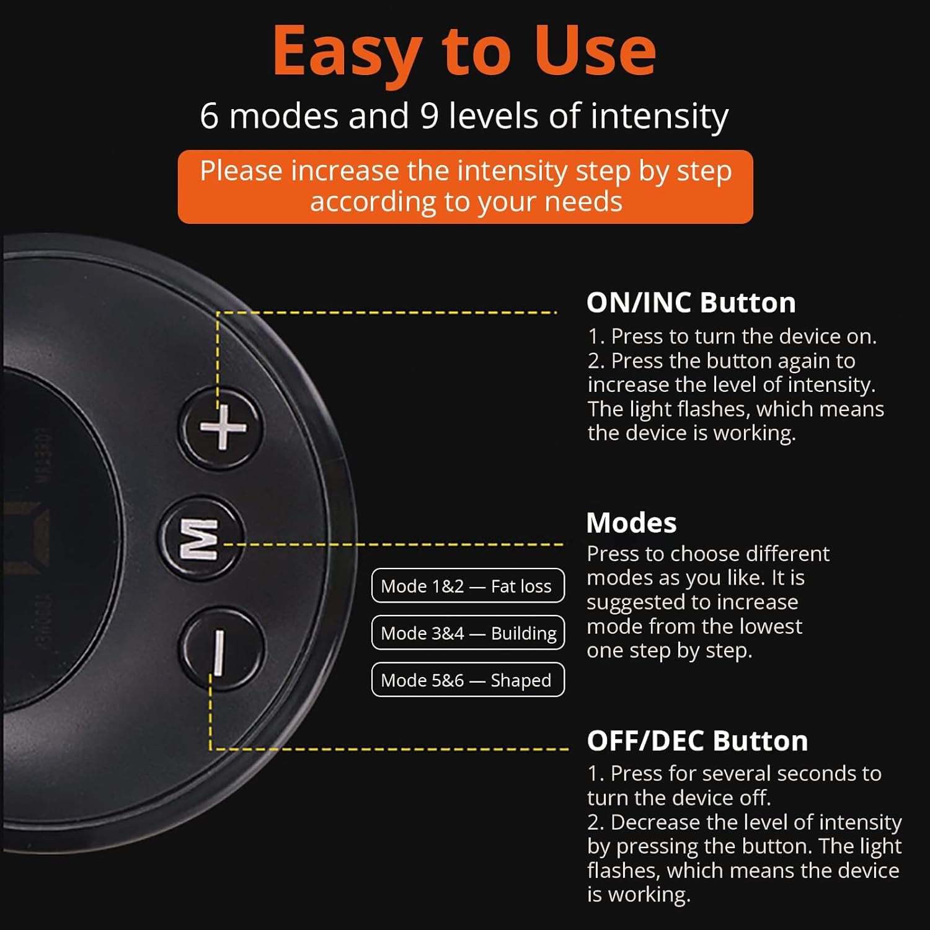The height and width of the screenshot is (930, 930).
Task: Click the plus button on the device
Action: [x=222, y=428]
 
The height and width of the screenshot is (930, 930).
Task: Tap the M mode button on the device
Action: [x=200, y=539]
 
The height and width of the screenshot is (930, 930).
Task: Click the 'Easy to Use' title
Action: [x=464, y=51]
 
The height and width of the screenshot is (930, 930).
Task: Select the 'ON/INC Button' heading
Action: [x=691, y=303]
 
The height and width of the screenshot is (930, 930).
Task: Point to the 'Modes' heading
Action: [x=631, y=523]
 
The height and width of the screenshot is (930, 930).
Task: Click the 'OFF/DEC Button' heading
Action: [x=697, y=741]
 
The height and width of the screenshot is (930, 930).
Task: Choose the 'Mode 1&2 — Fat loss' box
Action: [x=468, y=585]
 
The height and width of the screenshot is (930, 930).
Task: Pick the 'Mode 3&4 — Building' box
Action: [x=468, y=632]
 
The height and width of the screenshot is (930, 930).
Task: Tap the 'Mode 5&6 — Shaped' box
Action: [x=468, y=680]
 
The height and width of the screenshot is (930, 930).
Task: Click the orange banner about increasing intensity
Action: [x=465, y=187]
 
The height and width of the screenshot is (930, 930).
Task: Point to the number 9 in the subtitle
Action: [x=429, y=116]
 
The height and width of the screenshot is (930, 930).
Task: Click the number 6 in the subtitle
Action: [x=209, y=116]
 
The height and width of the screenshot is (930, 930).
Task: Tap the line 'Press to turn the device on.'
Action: [x=743, y=336]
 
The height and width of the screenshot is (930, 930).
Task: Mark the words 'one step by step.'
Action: [x=669, y=651]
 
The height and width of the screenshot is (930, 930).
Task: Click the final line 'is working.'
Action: [x=639, y=895]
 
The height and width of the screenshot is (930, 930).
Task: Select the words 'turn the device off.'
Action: [x=679, y=797]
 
